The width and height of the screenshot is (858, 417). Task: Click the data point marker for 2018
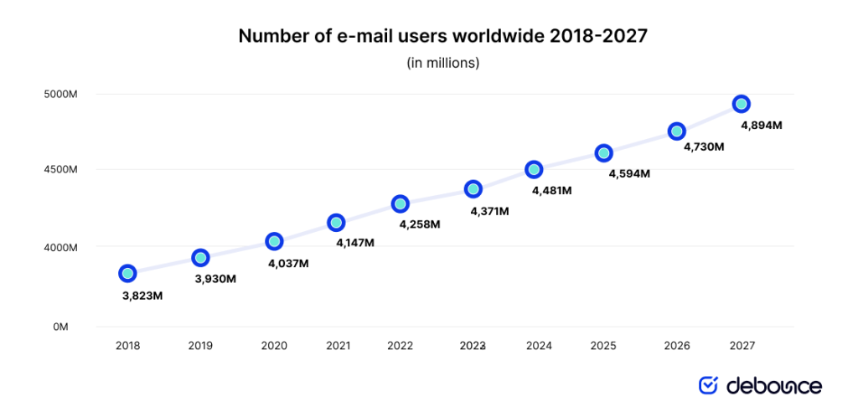click(x=127, y=273)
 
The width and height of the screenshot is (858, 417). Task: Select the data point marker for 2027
click(x=741, y=104)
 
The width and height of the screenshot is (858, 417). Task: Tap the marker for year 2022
click(x=401, y=203)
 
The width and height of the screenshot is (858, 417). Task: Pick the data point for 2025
click(x=603, y=153)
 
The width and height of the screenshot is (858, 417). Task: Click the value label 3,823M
click(x=142, y=296)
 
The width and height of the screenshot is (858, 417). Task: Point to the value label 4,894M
click(x=762, y=126)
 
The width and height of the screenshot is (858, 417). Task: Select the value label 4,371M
click(x=488, y=211)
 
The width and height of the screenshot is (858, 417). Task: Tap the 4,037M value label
click(x=288, y=263)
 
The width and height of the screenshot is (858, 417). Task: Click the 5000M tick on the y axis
click(x=61, y=94)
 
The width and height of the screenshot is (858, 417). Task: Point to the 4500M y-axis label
click(x=61, y=169)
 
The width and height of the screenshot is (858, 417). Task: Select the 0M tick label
click(x=60, y=327)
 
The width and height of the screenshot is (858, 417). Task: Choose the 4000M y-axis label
click(x=61, y=248)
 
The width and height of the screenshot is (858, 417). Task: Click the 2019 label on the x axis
click(x=200, y=345)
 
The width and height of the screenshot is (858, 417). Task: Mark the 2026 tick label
click(x=676, y=345)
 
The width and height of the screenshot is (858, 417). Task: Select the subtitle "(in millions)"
click(x=443, y=63)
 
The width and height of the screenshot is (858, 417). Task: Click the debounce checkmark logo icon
click(x=709, y=385)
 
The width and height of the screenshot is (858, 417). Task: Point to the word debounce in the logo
click(x=773, y=385)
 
